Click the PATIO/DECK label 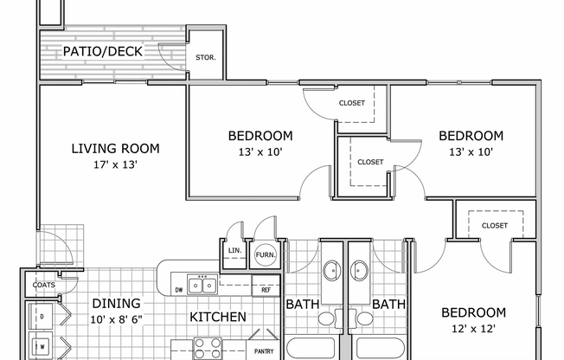[x=103, y=53]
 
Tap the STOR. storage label [x=206, y=58]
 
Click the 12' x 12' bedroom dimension [x=473, y=329]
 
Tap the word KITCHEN [x=218, y=317]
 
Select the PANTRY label [x=265, y=352]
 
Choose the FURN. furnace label [x=264, y=256]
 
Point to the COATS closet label [x=43, y=284]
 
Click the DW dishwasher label [x=178, y=289]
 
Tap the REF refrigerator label [x=267, y=289]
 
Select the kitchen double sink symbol [x=203, y=284]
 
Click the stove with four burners [x=207, y=348]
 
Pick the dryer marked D [x=41, y=318]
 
